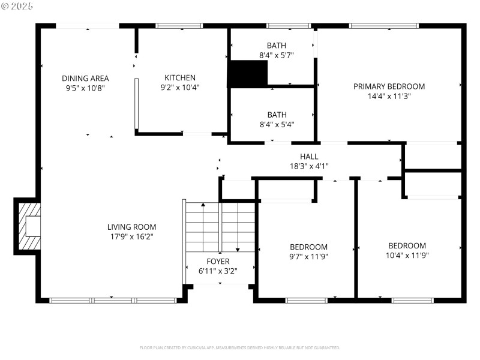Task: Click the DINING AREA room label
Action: [x=85, y=78]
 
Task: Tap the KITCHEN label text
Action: [x=180, y=77]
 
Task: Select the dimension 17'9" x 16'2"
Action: [x=131, y=236]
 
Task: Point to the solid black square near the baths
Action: [x=247, y=74]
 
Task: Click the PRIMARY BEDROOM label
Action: [x=389, y=86]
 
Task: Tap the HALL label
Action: [x=309, y=156]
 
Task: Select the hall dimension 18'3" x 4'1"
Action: [x=309, y=166]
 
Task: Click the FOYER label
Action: [x=218, y=261]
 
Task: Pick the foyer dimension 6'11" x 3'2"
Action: [x=218, y=271]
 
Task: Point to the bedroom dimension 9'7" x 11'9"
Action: [x=308, y=256]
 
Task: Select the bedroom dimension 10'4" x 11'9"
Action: [x=407, y=255]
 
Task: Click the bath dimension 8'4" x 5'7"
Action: [x=277, y=55]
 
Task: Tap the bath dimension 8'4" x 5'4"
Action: [x=277, y=124]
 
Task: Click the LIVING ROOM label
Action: [x=131, y=227]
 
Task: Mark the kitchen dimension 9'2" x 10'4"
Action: [x=180, y=87]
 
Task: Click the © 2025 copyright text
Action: [x=17, y=5]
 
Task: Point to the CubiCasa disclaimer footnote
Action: [x=240, y=347]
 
